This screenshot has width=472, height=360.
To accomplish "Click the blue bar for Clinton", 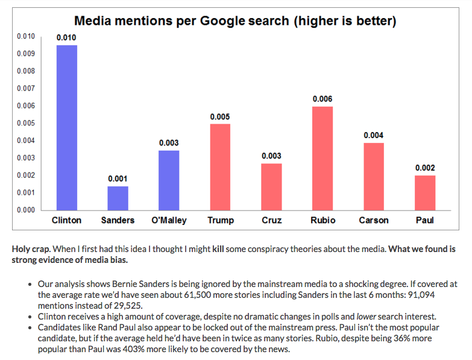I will point(67,128).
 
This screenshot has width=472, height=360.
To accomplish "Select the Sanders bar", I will point(118,198).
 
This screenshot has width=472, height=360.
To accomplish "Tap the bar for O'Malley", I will point(169,180).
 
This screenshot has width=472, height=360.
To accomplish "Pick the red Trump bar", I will point(220,167).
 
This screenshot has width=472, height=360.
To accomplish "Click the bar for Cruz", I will point(271,187).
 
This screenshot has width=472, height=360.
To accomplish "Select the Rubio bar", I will point(323,159).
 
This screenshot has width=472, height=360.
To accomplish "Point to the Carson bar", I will point(374,177).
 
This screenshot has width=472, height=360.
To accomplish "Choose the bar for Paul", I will point(425,193).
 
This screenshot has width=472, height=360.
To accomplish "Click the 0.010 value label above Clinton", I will point(67,38).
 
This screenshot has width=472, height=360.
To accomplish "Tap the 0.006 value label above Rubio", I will point(323,99).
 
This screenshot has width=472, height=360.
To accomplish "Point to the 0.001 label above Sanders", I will point(118,179).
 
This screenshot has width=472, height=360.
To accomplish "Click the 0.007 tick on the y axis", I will point(25,89).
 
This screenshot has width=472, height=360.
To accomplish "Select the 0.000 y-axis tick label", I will point(25,210).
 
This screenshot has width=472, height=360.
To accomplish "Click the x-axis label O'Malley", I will point(169,220).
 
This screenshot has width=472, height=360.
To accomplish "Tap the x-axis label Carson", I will point(374,220).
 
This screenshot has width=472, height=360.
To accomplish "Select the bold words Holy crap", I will point(32,248).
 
